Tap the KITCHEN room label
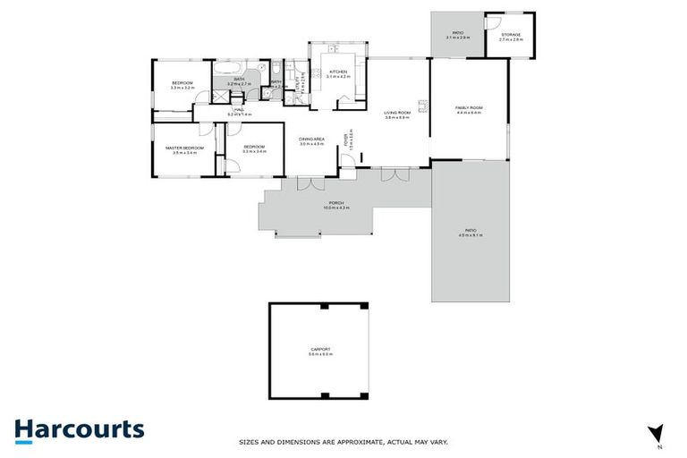pyautogui.click(x=337, y=72)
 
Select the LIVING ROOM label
pyautogui.click(x=397, y=112)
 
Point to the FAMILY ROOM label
pyautogui.click(x=468, y=107)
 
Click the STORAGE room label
pyautogui.click(x=511, y=35)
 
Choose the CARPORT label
pyautogui.click(x=320, y=349)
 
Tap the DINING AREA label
pyautogui.click(x=311, y=138)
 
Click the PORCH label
pyautogui.click(x=336, y=203)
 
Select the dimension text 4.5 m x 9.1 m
pyautogui.click(x=471, y=235)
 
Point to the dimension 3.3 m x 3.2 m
pyautogui.click(x=183, y=88)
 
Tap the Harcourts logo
pyautogui.click(x=79, y=429)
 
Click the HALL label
pyautogui.click(x=240, y=109)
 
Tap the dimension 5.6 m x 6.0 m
pyautogui.click(x=320, y=354)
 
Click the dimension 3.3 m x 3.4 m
pyautogui.click(x=255, y=152)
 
